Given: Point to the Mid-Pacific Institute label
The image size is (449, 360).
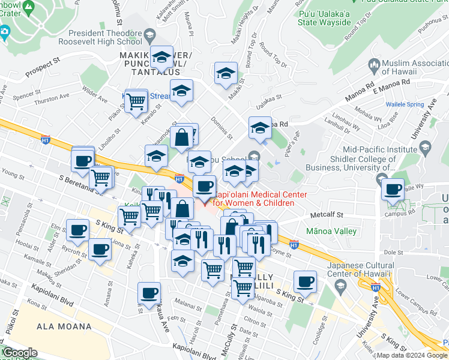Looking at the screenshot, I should (x=379, y=150).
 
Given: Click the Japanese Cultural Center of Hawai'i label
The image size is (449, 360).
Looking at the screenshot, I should (x=360, y=271).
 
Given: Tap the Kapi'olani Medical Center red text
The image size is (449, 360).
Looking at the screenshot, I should (x=254, y=199).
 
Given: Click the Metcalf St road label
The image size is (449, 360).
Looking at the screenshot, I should (x=327, y=214).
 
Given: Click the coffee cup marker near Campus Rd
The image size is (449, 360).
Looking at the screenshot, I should (x=393, y=190).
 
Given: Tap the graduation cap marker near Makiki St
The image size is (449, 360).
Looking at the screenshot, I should (x=226, y=74).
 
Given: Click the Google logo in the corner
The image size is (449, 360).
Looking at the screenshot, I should (x=19, y=353).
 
